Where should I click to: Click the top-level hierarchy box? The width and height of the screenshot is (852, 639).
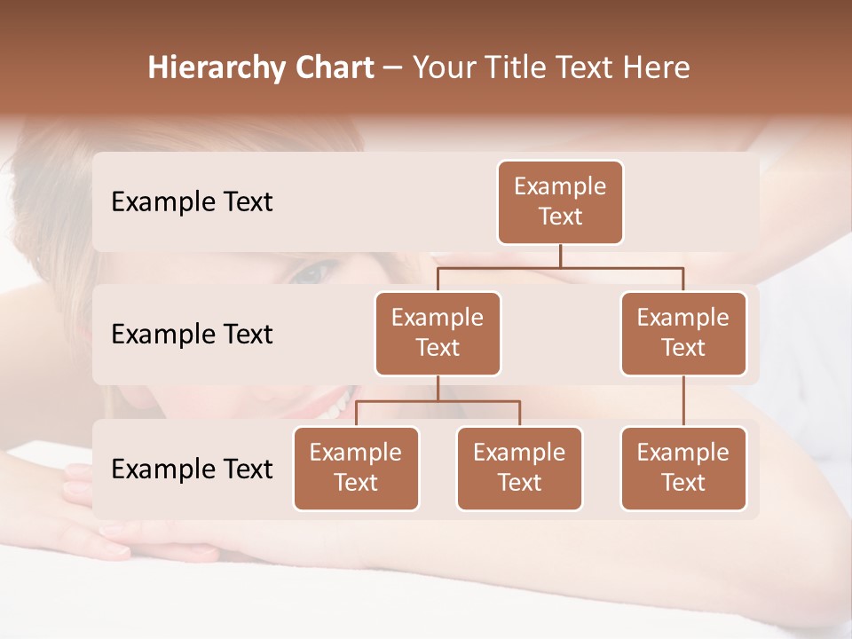tap(560, 202)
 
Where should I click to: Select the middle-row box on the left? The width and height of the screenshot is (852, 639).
tap(438, 334)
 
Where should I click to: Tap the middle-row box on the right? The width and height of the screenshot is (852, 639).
tap(683, 334)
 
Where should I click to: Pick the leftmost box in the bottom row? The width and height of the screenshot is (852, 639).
tap(356, 469)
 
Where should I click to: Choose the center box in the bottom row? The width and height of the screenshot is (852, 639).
tap(519, 469)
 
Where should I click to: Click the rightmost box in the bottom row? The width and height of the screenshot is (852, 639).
tap(683, 469)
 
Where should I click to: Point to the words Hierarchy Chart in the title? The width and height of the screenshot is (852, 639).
tap(261, 67)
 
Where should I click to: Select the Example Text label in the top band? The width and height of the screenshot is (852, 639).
tap(192, 202)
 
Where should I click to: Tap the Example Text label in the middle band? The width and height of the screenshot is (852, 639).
tap(192, 335)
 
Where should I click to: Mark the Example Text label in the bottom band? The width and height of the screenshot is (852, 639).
tap(192, 469)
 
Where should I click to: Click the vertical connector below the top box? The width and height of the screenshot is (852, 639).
tap(560, 255)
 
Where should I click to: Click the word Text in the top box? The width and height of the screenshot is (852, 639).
tap(560, 217)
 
